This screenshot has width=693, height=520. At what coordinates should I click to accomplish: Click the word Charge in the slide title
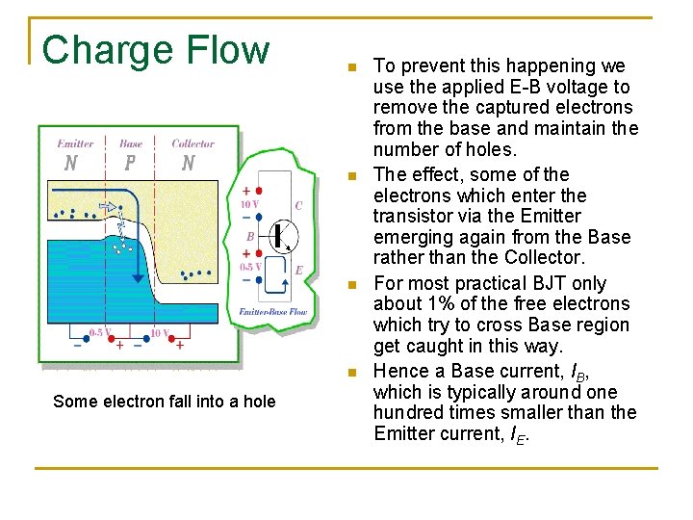point(100,49)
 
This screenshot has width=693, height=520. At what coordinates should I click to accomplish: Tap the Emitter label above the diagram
point(75,143)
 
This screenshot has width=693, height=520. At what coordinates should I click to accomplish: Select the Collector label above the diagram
point(192,143)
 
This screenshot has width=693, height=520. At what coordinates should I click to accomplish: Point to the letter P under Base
point(130,163)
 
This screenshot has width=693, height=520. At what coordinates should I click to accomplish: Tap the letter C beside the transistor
point(298,205)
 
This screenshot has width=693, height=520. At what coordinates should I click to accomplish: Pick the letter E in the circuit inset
point(298,271)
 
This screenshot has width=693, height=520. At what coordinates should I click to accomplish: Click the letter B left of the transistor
point(250,235)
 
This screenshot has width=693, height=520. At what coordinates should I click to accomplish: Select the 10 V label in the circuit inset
point(248,204)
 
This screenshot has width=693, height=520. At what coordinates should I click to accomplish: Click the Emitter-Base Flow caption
point(273,312)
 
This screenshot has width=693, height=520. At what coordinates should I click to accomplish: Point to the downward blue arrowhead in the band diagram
point(139,279)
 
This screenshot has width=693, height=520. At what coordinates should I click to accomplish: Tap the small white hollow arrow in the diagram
point(108,206)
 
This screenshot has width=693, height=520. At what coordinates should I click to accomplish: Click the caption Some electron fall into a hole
point(164,402)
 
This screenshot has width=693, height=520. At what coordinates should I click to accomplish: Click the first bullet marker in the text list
point(353,68)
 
